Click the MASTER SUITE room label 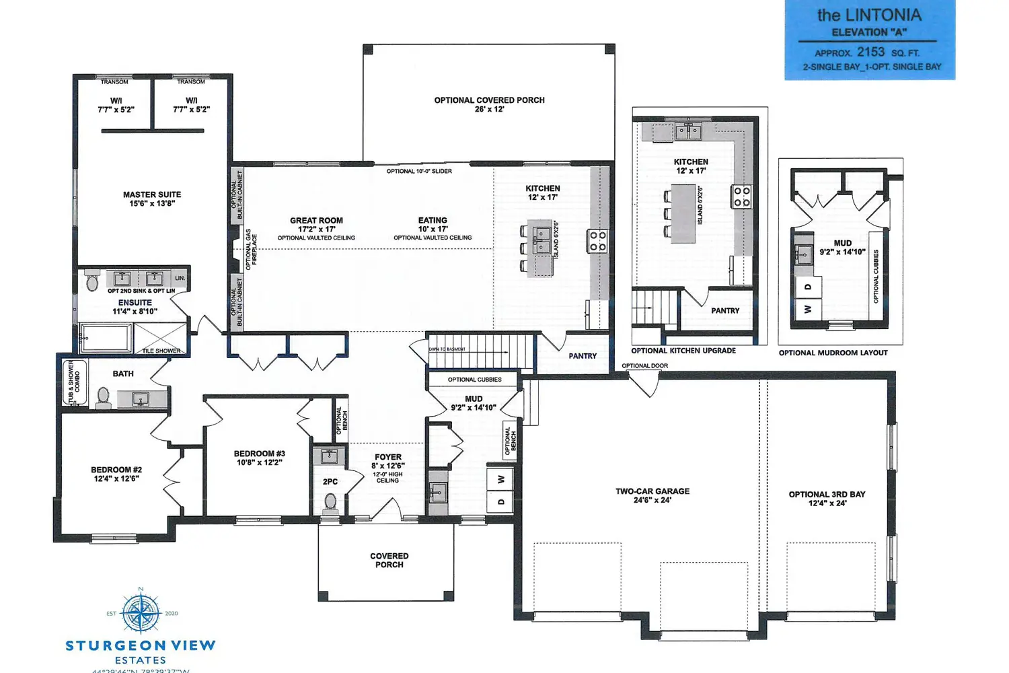152,199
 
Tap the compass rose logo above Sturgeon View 141,612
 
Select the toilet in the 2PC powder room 330,502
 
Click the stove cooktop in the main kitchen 597,241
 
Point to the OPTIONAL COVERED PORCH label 489,104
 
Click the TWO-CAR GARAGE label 652,495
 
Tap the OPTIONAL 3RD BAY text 827,498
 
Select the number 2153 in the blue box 870,52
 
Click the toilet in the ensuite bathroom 93,283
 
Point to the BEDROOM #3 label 259,458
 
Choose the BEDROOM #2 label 116,474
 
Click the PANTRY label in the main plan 583,356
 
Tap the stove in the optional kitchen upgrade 741,197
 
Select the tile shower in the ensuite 160,338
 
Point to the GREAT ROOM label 316,225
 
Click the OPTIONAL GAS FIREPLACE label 251,249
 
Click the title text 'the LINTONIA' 869,15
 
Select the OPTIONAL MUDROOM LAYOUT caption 833,353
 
